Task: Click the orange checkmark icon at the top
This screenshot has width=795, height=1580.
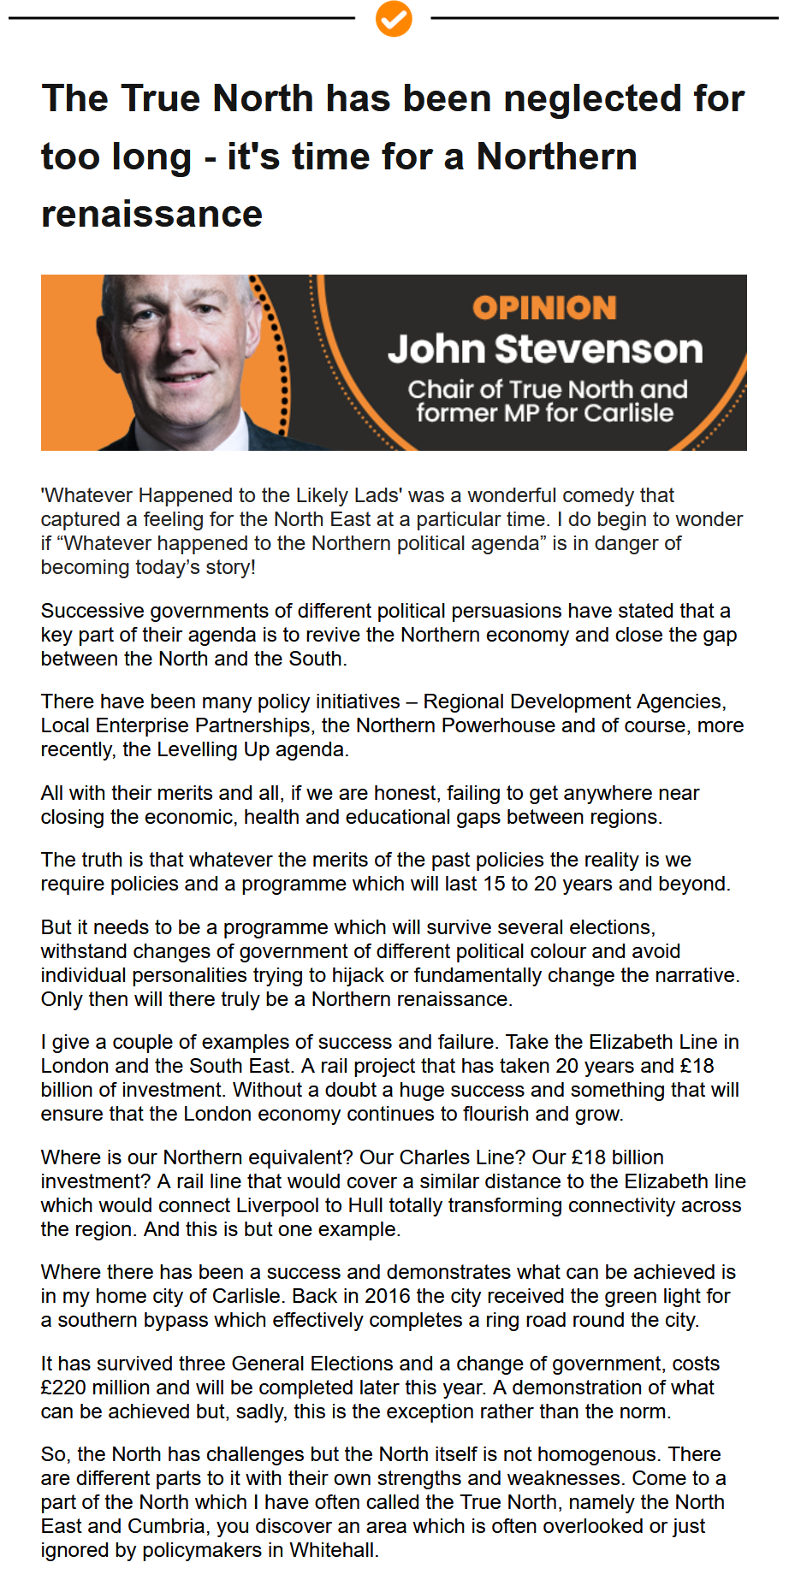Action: tap(394, 18)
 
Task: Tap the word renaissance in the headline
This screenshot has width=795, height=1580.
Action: tap(151, 214)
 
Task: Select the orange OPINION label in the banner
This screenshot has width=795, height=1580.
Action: tap(544, 308)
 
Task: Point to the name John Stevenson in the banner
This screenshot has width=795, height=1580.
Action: tap(545, 349)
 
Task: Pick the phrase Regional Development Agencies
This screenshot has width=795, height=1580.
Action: tap(574, 701)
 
